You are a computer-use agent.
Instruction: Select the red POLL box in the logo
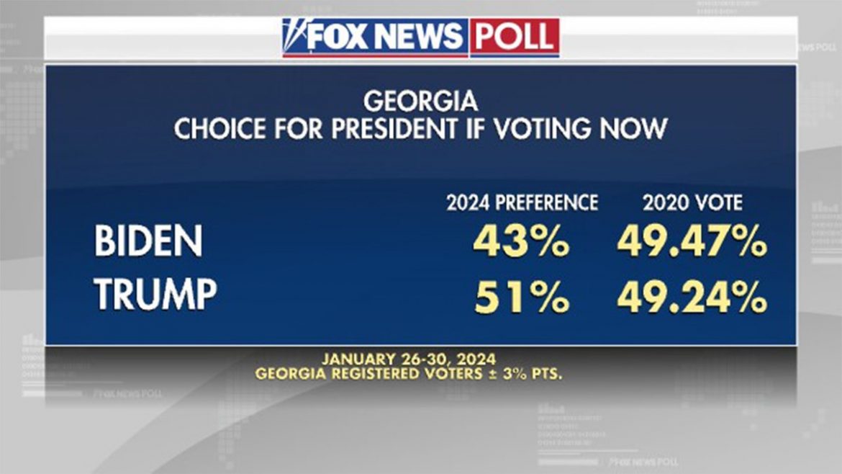point(515,37)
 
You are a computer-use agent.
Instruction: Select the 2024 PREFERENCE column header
point(522,203)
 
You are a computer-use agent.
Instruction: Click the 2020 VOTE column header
point(692,203)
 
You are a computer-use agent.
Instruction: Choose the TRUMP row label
point(155,295)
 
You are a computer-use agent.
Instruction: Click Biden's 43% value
point(521,243)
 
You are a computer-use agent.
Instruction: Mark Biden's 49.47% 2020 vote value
point(692,243)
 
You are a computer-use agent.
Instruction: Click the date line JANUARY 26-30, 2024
point(408,358)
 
